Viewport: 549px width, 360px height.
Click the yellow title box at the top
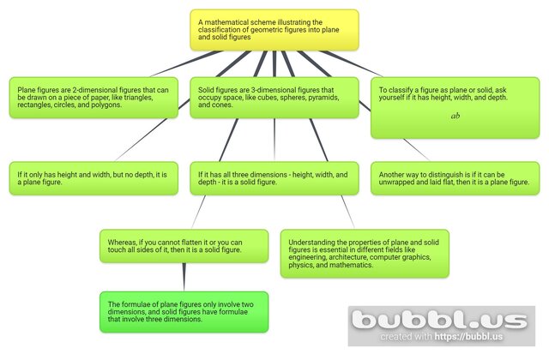[x=274, y=30]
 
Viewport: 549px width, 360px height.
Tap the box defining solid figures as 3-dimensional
[x=274, y=98]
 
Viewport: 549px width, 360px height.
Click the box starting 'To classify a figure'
[x=455, y=107]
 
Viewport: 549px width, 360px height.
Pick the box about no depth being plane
[x=93, y=178]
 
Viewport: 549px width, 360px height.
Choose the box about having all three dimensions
[x=274, y=178]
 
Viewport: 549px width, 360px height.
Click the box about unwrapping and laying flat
[x=455, y=178]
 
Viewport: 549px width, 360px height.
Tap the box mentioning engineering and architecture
[x=365, y=253]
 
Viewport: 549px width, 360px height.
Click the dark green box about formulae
[x=184, y=312]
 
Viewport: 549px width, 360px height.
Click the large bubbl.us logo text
[x=441, y=321]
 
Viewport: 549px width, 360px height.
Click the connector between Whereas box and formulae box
[x=184, y=276]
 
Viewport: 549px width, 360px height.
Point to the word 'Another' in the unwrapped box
[x=394, y=174]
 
